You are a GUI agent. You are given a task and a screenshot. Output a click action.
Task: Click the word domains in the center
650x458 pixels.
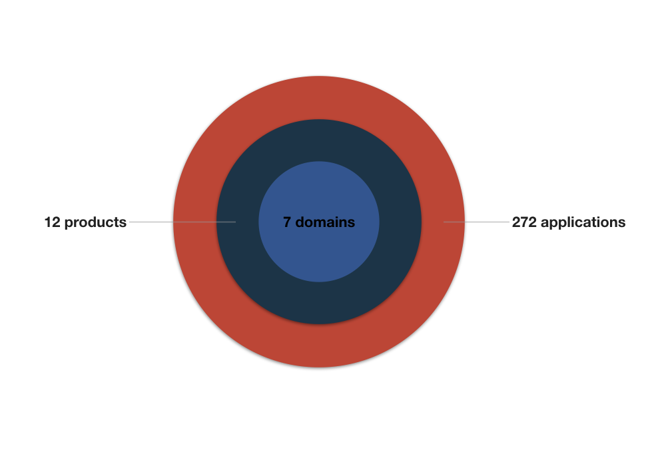pyautogui.click(x=325, y=222)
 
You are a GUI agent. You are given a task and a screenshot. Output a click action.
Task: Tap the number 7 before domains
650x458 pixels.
pyautogui.click(x=287, y=222)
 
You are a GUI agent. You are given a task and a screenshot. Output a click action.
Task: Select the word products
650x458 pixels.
pyautogui.click(x=95, y=222)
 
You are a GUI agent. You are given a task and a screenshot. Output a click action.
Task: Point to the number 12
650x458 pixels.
pyautogui.click(x=52, y=222)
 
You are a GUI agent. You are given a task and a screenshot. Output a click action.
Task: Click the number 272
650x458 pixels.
pyautogui.click(x=524, y=222)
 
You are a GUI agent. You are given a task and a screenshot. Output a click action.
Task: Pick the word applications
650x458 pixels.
pyautogui.click(x=583, y=222)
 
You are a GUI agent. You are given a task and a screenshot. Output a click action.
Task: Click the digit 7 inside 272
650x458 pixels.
pyautogui.click(x=524, y=222)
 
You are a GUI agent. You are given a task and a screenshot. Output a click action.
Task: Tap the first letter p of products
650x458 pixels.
pyautogui.click(x=69, y=224)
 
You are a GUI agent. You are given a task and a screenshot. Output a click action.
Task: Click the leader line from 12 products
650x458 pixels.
pyautogui.click(x=182, y=222)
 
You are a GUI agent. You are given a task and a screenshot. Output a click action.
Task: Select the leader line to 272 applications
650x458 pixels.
pyautogui.click(x=476, y=222)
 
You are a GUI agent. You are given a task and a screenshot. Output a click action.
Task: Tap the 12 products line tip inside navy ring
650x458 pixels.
pyautogui.click(x=236, y=222)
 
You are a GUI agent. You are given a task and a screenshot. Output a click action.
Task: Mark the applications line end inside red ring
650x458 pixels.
pyautogui.click(x=444, y=222)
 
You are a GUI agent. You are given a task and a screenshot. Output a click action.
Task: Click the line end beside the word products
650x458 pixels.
pyautogui.click(x=130, y=222)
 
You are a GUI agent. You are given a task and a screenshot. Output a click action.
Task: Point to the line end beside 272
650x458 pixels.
pyautogui.click(x=509, y=222)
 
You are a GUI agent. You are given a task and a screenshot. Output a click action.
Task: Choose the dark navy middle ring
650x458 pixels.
pyautogui.click(x=319, y=303)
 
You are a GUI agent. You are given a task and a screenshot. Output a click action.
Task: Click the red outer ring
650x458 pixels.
pyautogui.click(x=319, y=345)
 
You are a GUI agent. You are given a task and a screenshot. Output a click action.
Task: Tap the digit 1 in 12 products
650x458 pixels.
pyautogui.click(x=48, y=222)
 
